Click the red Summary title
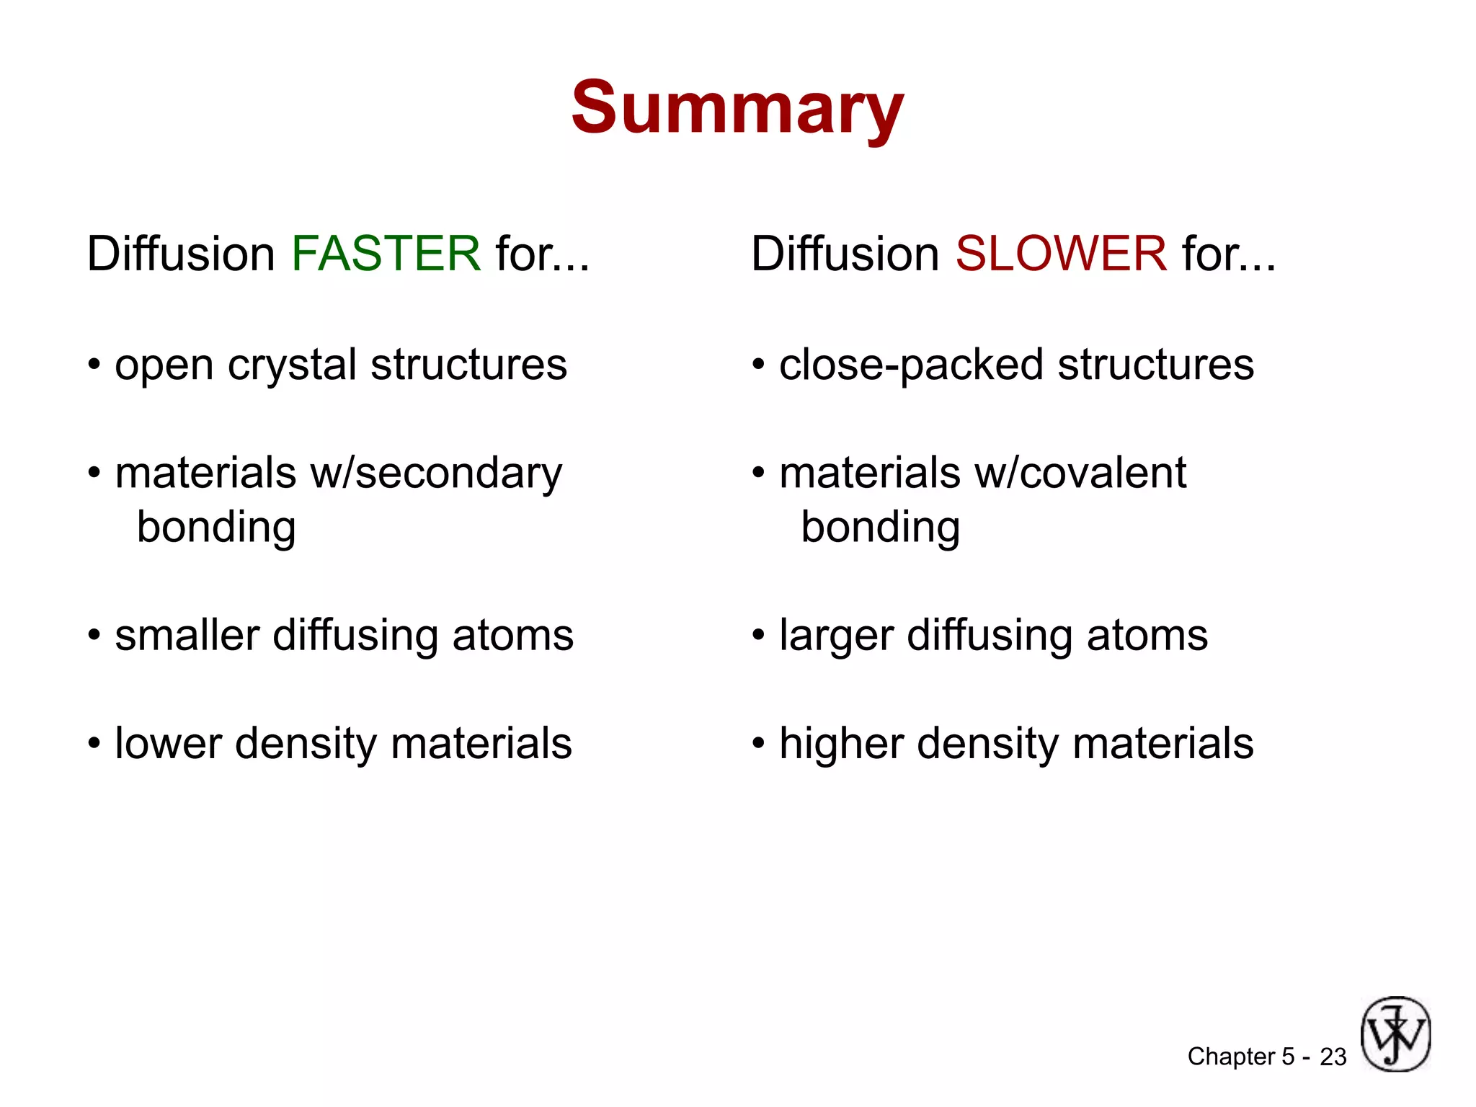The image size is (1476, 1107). pyautogui.click(x=737, y=108)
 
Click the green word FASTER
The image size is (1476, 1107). pyautogui.click(x=386, y=254)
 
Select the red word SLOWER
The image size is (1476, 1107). pyautogui.click(x=1060, y=254)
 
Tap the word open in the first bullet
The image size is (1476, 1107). pyautogui.click(x=164, y=366)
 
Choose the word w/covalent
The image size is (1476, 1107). pyautogui.click(x=1080, y=474)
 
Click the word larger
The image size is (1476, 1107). pyautogui.click(x=836, y=637)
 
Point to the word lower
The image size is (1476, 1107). pyautogui.click(x=167, y=744)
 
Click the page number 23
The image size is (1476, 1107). pyautogui.click(x=1333, y=1057)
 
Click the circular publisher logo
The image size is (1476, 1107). pyautogui.click(x=1395, y=1033)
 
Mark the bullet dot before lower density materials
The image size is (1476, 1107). pyautogui.click(x=94, y=743)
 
